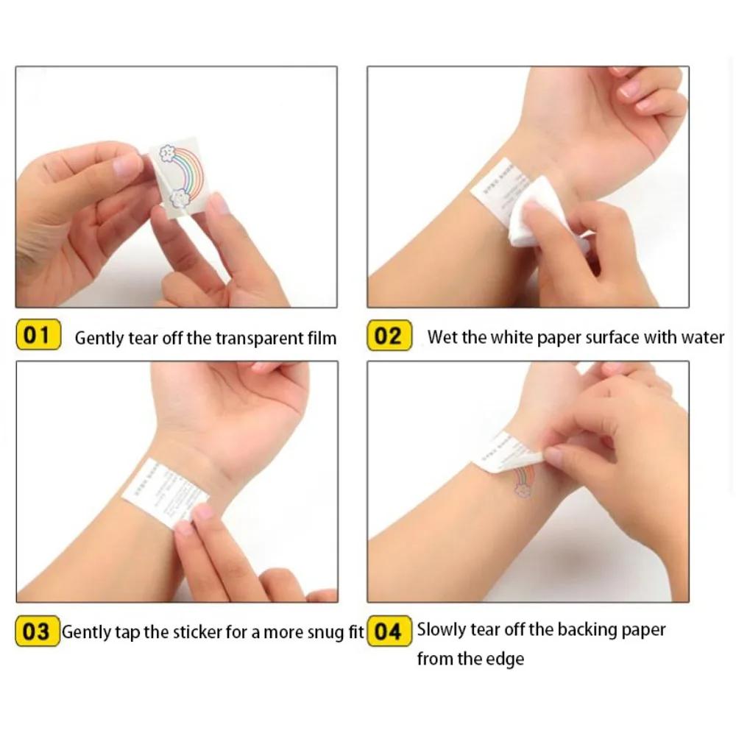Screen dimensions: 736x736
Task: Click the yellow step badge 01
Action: point(38,336)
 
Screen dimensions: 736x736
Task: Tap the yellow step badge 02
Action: point(388,336)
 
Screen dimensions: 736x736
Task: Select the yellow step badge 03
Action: point(37,631)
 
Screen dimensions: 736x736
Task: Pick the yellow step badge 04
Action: point(389,631)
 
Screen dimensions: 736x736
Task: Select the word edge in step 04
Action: point(506,658)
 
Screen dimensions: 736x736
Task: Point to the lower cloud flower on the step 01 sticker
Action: point(179,197)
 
